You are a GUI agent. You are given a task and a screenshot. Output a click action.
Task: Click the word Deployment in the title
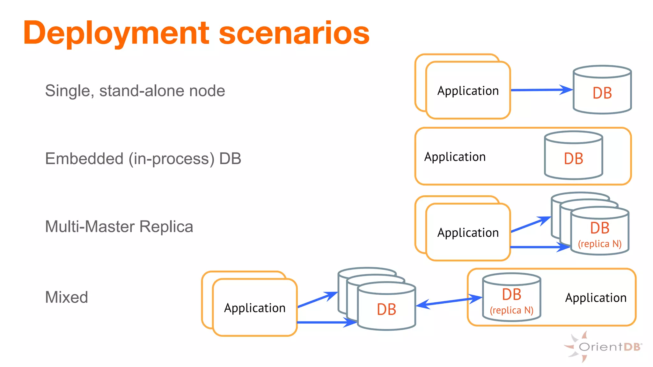click(116, 33)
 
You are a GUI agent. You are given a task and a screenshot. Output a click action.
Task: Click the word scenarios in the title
click(294, 33)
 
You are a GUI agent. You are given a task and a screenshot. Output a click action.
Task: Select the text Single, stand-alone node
click(135, 91)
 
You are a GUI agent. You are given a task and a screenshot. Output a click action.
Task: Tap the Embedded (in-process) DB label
click(143, 159)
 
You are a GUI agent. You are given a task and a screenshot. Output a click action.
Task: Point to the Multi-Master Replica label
click(119, 227)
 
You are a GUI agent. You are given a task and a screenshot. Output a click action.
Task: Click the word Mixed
click(66, 297)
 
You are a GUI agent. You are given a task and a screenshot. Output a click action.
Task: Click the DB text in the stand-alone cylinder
click(602, 93)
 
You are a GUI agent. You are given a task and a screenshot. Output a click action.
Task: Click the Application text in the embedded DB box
click(455, 157)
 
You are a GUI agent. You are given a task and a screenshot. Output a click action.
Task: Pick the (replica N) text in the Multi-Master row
click(599, 244)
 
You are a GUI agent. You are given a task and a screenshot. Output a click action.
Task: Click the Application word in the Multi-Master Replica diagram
click(468, 233)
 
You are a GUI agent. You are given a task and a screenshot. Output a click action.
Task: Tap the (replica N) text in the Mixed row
click(511, 310)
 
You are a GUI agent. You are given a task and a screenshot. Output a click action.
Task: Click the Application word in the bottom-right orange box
click(596, 298)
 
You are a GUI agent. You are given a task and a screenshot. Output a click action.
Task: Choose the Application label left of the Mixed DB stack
click(254, 308)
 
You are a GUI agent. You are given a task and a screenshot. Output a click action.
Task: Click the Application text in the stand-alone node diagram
click(468, 91)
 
